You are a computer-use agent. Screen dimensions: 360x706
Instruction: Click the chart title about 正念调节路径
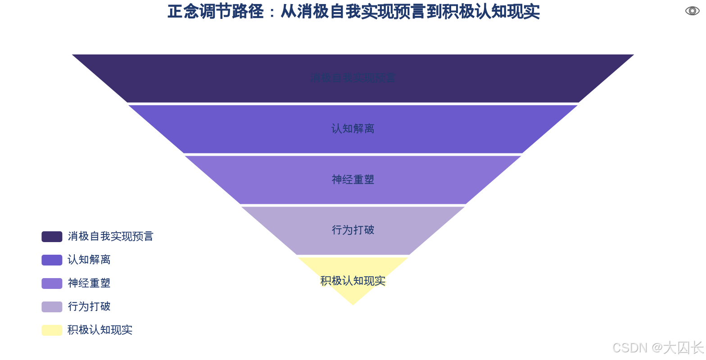(353, 12)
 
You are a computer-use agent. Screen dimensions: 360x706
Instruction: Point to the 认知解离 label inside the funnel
(353, 129)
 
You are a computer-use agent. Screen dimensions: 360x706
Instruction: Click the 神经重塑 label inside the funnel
(353, 180)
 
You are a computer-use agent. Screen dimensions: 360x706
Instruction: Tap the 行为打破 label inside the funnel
(353, 230)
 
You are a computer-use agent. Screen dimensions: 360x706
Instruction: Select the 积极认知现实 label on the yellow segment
(353, 281)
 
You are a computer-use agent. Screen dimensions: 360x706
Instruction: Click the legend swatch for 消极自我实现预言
(52, 237)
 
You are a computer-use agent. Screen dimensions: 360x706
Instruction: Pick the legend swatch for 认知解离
(52, 260)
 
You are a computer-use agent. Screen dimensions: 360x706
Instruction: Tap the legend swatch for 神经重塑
(52, 283)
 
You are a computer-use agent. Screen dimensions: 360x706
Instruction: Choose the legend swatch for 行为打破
(52, 307)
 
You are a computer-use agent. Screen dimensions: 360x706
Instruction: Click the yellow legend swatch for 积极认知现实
(52, 330)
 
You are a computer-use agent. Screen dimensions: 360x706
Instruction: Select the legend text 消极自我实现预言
(111, 237)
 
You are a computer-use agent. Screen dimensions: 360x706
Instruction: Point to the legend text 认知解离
(89, 260)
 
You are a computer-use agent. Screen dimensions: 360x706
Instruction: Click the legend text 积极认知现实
(100, 330)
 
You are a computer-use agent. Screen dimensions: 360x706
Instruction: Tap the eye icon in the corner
(692, 11)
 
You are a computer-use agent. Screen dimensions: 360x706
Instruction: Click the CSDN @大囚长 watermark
(657, 347)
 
